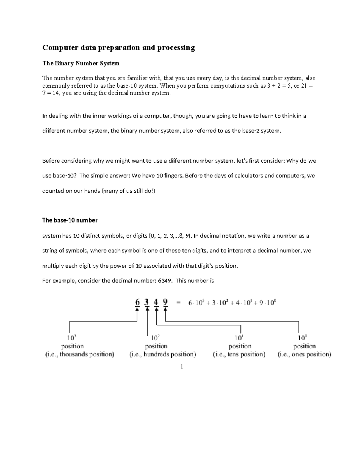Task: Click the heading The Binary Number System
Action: (81, 63)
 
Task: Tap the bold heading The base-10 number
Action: (70, 220)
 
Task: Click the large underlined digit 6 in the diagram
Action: (137, 302)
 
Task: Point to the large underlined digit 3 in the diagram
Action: (147, 302)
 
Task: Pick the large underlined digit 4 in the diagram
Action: (156, 302)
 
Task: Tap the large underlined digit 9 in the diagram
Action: (165, 302)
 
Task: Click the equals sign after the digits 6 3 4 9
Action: (179, 303)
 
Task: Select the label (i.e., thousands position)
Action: (80, 355)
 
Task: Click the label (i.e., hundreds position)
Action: (163, 355)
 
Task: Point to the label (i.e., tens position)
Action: (239, 355)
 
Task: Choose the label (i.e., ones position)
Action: (304, 355)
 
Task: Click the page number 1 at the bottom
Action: (182, 366)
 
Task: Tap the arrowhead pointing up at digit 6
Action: (137, 310)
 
